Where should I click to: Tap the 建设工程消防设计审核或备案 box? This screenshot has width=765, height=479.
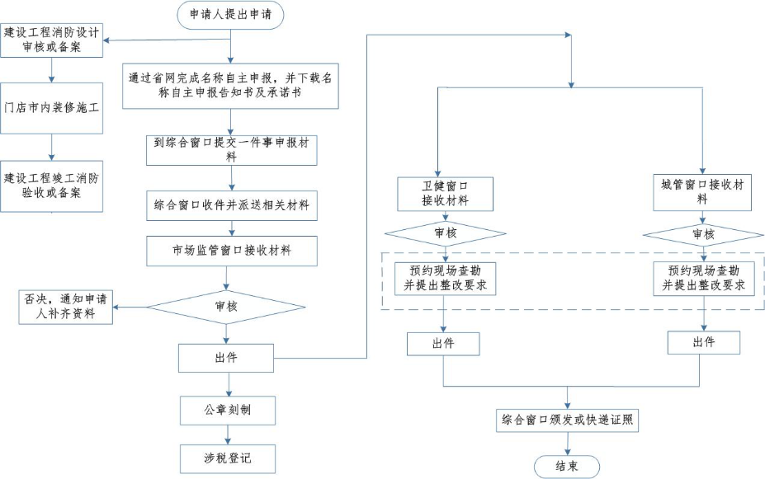pos(52,41)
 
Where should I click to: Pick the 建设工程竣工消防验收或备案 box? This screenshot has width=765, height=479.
pos(52,185)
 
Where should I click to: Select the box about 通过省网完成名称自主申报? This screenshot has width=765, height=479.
pos(231,87)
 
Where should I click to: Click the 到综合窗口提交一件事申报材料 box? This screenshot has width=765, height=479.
pos(231,149)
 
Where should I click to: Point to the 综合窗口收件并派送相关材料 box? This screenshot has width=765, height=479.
pos(231,204)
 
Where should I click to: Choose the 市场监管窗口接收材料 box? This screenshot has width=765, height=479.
pos(231,250)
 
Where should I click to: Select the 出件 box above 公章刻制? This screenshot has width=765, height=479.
pos(226,358)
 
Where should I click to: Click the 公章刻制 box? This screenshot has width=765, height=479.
pos(228,409)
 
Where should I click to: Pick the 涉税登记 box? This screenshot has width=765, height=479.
pos(228,458)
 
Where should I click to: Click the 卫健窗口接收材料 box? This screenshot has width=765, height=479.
pos(445,192)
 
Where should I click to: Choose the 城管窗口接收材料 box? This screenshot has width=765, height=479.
pos(702,190)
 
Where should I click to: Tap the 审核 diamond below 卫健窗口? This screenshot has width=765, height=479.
pos(445,233)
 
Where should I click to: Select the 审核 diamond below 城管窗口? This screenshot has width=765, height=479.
pos(702,234)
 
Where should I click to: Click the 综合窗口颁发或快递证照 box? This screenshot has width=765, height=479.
pos(567,420)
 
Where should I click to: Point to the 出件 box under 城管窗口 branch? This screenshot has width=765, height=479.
pos(703,342)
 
